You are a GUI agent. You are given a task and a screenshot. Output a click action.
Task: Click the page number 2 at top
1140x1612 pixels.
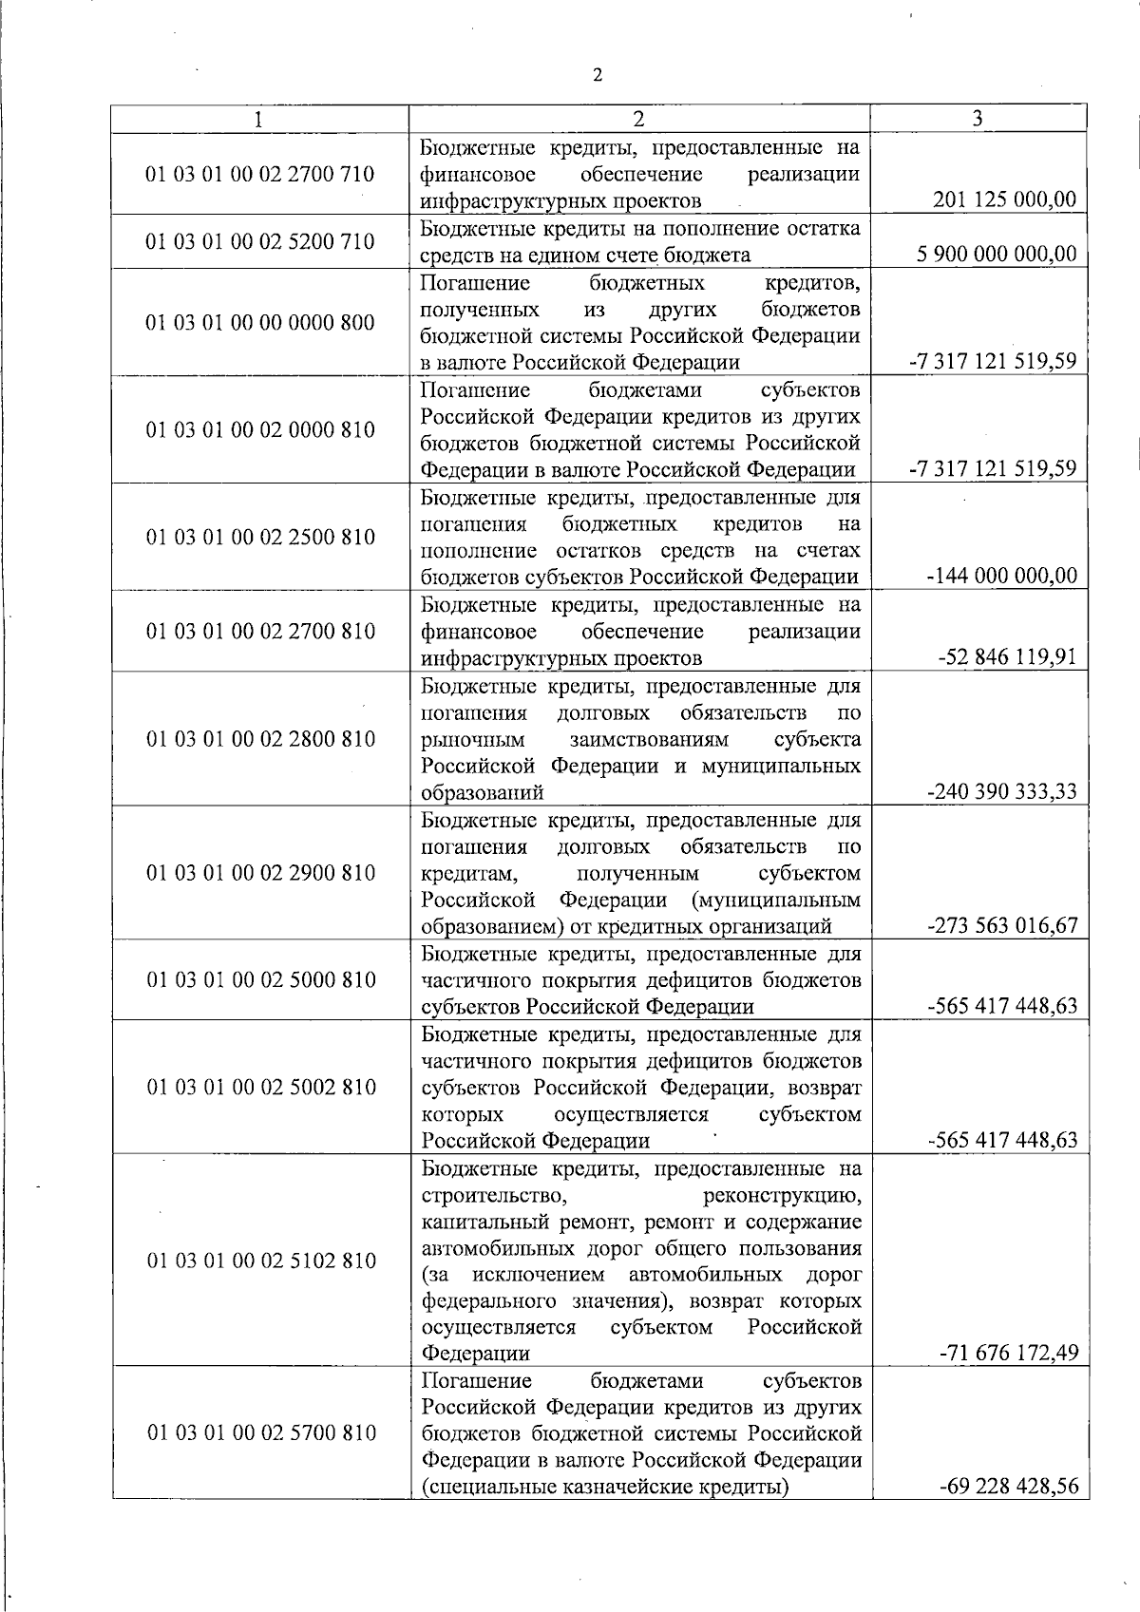pos(597,77)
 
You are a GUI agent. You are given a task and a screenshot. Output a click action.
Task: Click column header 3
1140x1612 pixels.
pos(978,118)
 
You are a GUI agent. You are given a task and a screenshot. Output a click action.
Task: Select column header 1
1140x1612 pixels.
pos(259,119)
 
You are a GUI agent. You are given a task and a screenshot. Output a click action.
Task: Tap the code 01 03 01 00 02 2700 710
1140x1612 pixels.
pos(259,174)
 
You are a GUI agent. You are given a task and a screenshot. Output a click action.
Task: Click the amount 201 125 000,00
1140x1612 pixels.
pos(1005,200)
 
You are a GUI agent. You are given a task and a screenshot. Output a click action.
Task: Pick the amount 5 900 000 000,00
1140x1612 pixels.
pos(997,255)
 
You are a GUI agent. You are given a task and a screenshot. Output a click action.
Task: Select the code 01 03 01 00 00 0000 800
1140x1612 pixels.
pos(259,322)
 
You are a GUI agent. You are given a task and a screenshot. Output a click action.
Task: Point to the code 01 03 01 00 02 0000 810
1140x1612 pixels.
pos(259,429)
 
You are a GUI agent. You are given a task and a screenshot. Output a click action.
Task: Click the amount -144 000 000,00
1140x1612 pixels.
pos(1000,576)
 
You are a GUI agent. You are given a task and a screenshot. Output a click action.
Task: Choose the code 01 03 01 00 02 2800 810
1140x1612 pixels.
pos(259,738)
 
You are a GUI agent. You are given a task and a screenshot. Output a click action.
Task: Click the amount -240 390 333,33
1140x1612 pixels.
pos(1001,791)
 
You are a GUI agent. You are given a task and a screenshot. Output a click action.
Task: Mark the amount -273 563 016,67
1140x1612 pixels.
pos(1001,925)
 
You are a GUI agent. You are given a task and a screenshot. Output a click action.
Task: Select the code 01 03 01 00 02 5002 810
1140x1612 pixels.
pos(259,1087)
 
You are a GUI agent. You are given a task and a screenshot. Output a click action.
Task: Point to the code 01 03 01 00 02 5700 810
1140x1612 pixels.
pos(259,1432)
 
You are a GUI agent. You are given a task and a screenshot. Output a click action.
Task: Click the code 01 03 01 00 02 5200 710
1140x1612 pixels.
pos(259,241)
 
